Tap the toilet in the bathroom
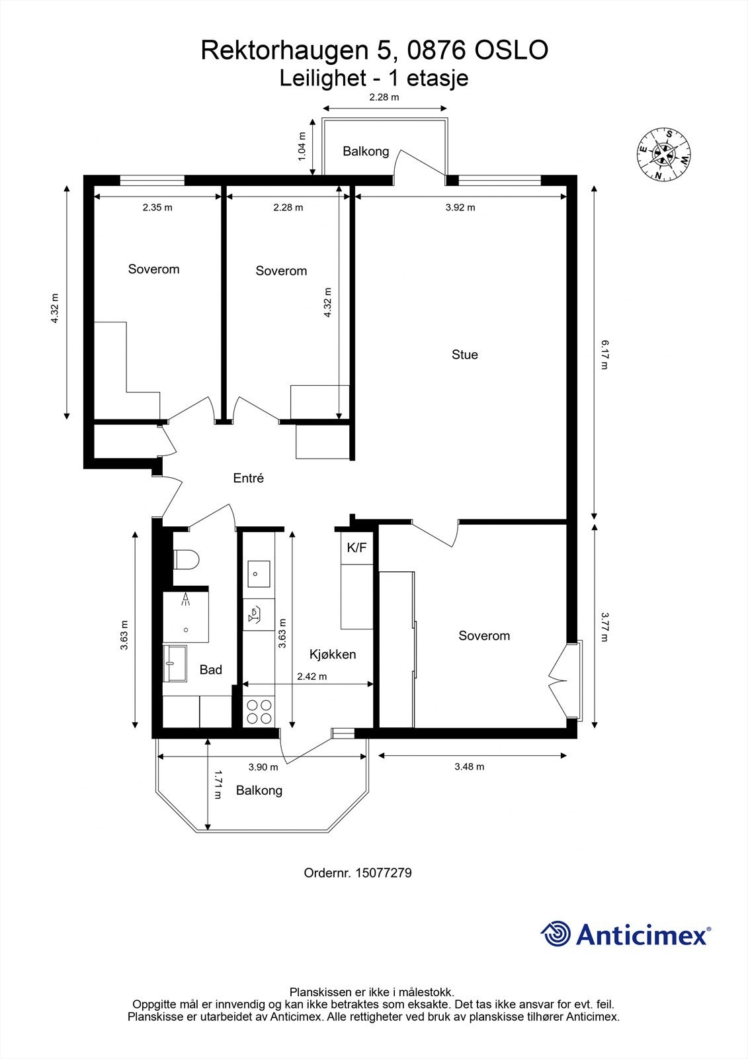[186, 559]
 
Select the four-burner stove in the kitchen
[259, 712]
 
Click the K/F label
[356, 548]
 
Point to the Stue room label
[464, 355]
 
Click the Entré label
[248, 478]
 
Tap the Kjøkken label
[333, 655]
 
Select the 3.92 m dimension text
[460, 207]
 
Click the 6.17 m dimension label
[603, 355]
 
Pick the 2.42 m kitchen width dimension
[312, 676]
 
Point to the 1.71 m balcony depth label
[219, 785]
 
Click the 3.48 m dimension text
[469, 766]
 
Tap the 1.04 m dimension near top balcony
[302, 146]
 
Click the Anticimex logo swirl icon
[556, 934]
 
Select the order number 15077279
[383, 873]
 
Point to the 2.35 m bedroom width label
[157, 207]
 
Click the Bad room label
[210, 670]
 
